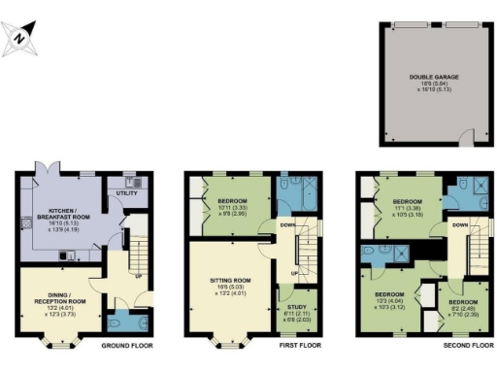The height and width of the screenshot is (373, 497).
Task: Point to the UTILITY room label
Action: [x=126, y=194]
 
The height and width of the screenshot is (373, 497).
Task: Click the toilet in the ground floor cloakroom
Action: [x=118, y=323]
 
